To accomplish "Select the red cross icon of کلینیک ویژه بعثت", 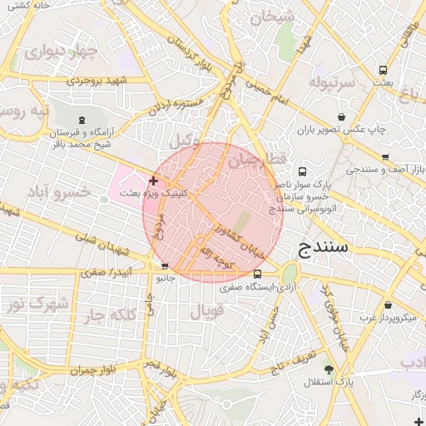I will coord(153,181).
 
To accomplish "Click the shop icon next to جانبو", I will coord(163,266).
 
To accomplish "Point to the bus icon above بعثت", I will coord(383,70).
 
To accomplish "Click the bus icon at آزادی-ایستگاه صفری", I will coord(257,274).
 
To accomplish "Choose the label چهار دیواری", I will coord(60,52).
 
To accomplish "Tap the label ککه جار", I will coord(107,315).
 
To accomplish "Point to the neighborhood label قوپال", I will coord(207,313).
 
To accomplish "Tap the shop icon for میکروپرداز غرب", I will coord(388,305).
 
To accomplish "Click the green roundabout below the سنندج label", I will coord(290,274).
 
